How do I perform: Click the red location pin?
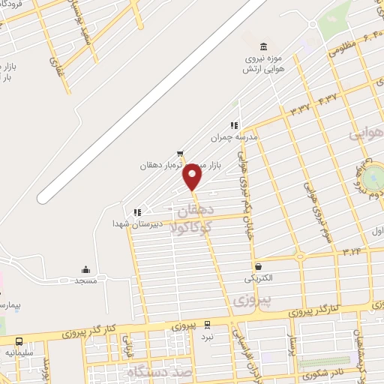pyautogui.click(x=193, y=177)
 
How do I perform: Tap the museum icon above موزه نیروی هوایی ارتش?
pyautogui.click(x=262, y=46)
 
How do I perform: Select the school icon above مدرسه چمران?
pyautogui.click(x=234, y=125)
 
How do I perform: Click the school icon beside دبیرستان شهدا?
pyautogui.click(x=136, y=212)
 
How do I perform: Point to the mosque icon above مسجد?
pyautogui.click(x=85, y=269)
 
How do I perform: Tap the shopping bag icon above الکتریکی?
pyautogui.click(x=259, y=266)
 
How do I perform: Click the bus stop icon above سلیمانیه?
pyautogui.click(x=19, y=340)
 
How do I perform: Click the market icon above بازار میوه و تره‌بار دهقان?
pyautogui.click(x=179, y=154)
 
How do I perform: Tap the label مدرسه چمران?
pyautogui.click(x=248, y=137)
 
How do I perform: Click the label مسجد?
pyautogui.click(x=85, y=280)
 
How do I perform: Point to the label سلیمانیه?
pyautogui.click(x=19, y=352)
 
